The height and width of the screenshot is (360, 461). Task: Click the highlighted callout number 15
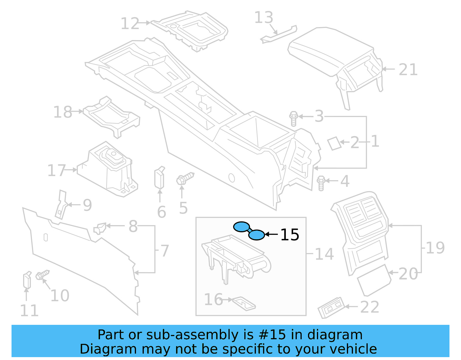[290, 235]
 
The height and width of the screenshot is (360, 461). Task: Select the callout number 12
[130, 24]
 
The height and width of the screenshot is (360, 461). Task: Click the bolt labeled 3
[294, 118]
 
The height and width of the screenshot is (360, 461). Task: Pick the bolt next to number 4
[321, 183]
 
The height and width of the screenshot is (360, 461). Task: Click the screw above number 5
[185, 178]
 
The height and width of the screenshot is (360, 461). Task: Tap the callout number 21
[408, 70]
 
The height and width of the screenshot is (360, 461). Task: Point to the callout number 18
[63, 112]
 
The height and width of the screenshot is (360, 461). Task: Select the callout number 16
[213, 300]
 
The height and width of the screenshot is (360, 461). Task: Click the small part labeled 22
[331, 308]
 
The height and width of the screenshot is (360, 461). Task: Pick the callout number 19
[435, 248]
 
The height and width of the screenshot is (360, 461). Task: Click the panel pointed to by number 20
[374, 280]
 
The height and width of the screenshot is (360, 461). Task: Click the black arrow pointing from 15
[271, 235]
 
